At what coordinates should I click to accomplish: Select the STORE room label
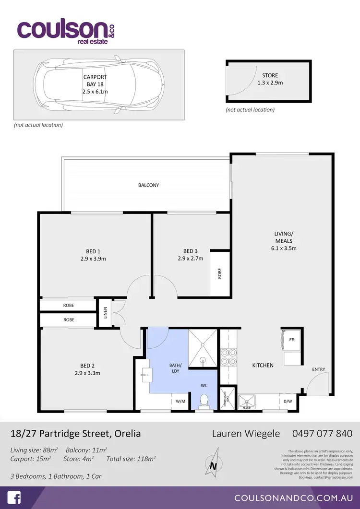(x=270, y=75)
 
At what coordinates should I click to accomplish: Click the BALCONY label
(x=148, y=185)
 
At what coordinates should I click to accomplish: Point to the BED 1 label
(x=93, y=251)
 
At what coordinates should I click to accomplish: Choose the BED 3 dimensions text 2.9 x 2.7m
(x=190, y=259)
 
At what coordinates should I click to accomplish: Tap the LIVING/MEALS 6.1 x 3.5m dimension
(x=283, y=248)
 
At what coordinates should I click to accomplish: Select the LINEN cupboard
(x=106, y=313)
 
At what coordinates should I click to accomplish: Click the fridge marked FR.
(x=292, y=339)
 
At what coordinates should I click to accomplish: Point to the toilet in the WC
(x=204, y=400)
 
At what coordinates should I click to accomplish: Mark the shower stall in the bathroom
(x=203, y=348)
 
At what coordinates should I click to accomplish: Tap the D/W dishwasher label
(x=288, y=401)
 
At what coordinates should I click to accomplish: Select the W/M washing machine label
(x=180, y=401)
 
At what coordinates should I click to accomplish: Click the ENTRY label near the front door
(x=318, y=369)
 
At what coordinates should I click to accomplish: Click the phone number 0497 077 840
(x=322, y=434)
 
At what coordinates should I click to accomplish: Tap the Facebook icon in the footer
(x=14, y=497)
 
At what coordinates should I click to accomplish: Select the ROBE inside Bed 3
(x=220, y=273)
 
